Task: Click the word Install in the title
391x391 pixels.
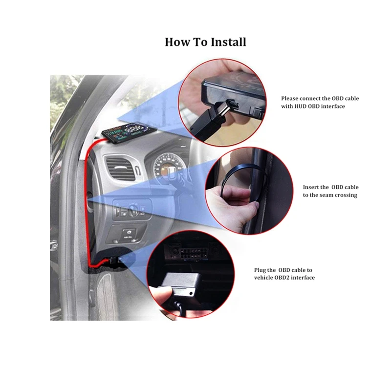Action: coord(228,42)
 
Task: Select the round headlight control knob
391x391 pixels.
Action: coord(131,210)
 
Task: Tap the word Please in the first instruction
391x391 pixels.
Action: coord(292,98)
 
